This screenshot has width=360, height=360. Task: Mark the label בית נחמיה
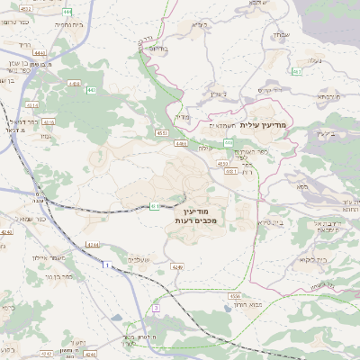tap(44, 26)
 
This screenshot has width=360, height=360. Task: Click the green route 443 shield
tap(92, 90)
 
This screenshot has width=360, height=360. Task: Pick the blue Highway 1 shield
tap(105, 265)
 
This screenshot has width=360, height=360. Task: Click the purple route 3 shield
tap(155, 308)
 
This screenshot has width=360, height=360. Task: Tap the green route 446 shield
tap(229, 142)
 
